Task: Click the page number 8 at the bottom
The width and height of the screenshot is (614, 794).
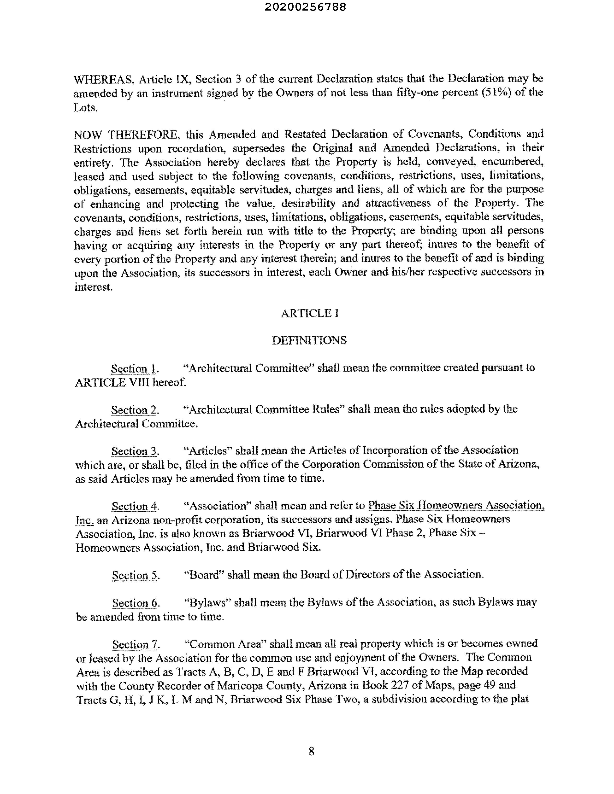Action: [x=311, y=751]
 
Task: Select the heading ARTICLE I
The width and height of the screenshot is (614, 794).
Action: [x=310, y=313]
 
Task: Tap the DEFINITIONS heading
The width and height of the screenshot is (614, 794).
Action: [x=309, y=341]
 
